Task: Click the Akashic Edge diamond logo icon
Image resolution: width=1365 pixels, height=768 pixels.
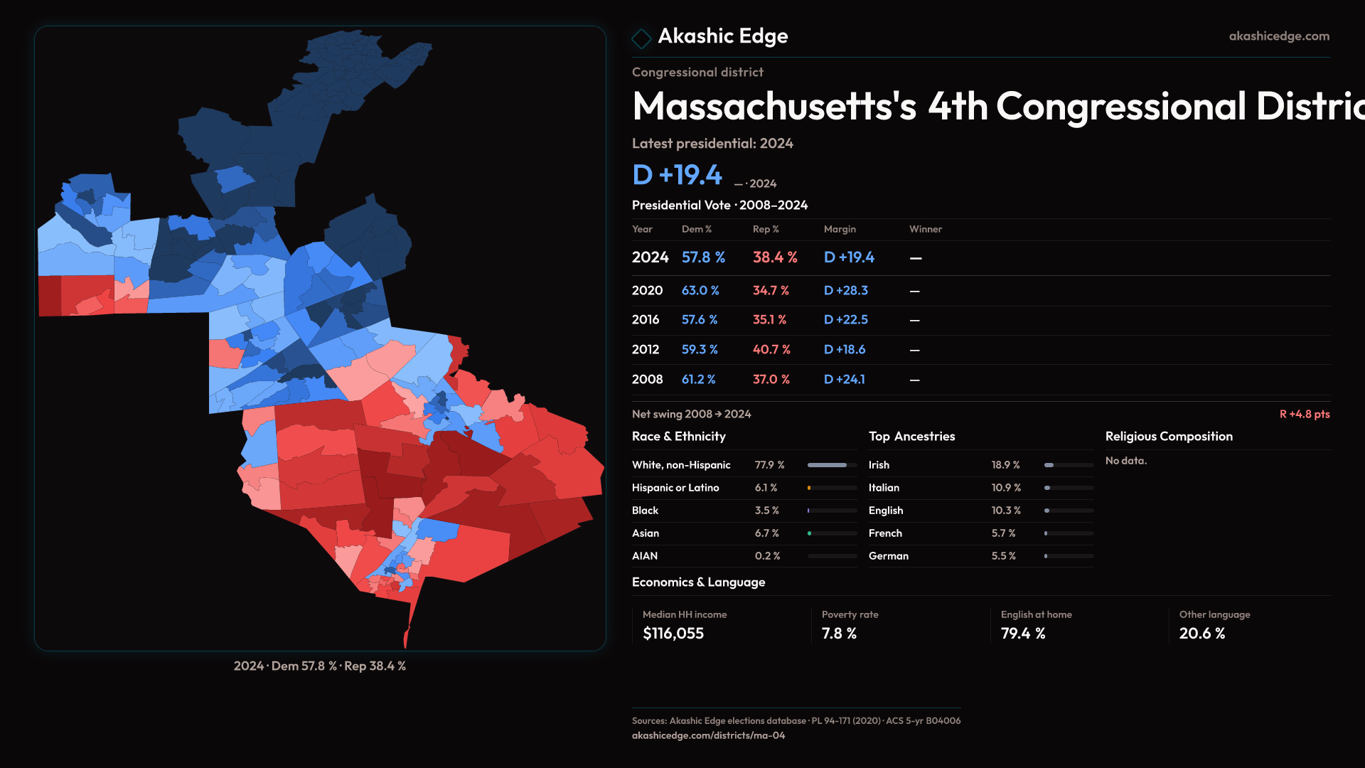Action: click(x=641, y=38)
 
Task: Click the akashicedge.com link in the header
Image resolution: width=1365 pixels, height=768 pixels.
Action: click(x=1279, y=36)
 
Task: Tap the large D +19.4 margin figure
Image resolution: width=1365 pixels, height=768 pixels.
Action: click(x=677, y=175)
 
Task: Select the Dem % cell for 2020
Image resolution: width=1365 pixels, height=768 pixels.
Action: click(x=700, y=291)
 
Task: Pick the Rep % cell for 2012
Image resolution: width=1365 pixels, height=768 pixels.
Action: click(x=771, y=350)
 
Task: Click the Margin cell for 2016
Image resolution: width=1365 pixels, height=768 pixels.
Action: click(x=845, y=320)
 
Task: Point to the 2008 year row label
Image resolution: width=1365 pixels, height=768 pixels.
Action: click(x=647, y=380)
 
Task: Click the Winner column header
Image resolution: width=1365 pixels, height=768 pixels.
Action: click(x=925, y=229)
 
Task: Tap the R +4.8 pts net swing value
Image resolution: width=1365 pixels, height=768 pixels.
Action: click(x=1304, y=414)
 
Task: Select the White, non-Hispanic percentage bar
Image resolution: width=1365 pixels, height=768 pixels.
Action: click(x=832, y=465)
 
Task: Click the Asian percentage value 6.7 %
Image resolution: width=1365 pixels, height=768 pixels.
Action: click(x=766, y=533)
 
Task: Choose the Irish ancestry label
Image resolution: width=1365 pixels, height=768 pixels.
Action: click(x=879, y=465)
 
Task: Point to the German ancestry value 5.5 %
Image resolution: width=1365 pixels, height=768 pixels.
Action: click(x=1003, y=556)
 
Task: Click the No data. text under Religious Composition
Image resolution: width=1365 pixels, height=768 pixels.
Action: click(x=1125, y=461)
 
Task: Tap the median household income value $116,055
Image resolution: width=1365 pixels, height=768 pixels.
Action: click(x=673, y=634)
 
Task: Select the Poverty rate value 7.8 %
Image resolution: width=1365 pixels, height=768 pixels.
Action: click(x=839, y=634)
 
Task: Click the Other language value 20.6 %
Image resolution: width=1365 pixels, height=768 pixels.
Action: click(x=1201, y=634)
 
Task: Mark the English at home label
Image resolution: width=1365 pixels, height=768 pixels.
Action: click(x=1036, y=614)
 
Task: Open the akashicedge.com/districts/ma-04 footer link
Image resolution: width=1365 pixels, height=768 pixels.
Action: click(x=708, y=735)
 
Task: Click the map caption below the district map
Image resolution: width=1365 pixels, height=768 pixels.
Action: click(x=320, y=666)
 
